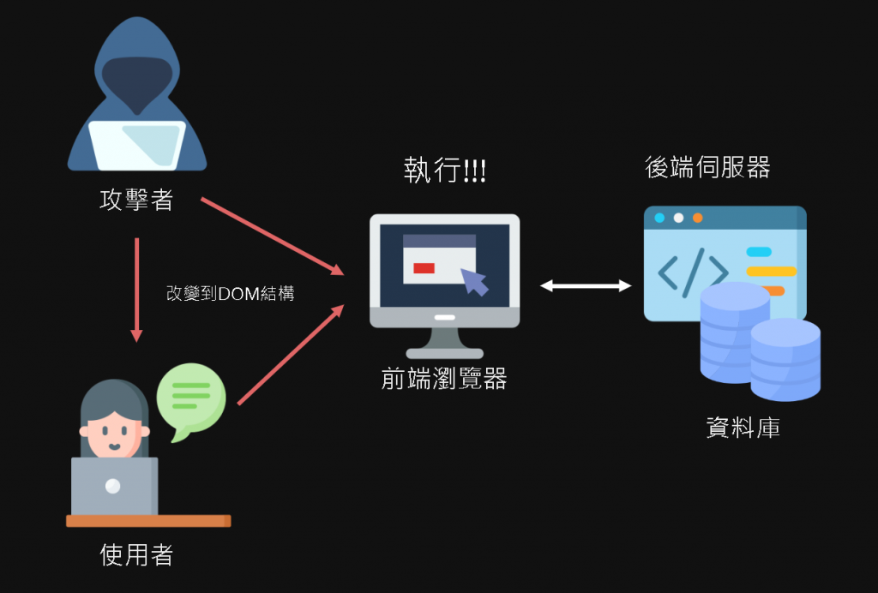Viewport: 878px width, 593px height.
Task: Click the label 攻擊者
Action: point(137,201)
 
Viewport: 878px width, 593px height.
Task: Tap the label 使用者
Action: point(137,555)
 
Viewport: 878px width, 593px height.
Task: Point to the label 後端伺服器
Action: point(707,167)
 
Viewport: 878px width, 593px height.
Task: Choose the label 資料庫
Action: point(743,428)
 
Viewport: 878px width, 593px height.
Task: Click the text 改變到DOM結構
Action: point(230,294)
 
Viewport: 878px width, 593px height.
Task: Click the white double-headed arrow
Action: point(586,285)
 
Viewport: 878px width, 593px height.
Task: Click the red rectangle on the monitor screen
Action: point(424,268)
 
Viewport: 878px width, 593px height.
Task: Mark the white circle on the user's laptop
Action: point(113,487)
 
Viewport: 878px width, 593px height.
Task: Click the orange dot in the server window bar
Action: point(697,218)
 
